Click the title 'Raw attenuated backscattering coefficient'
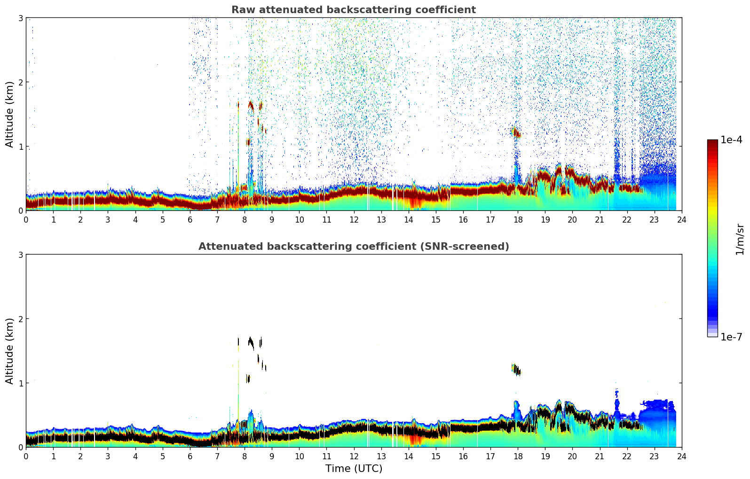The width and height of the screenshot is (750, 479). [x=353, y=10]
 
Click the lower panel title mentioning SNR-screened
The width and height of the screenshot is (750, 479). [x=353, y=247]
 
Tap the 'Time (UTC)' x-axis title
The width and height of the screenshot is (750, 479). [x=354, y=468]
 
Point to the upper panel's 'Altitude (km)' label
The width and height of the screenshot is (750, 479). [x=10, y=114]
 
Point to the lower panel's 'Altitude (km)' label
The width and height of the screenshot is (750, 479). [x=10, y=351]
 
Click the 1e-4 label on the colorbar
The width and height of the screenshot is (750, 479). [x=731, y=140]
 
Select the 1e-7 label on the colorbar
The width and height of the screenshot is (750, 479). [x=731, y=337]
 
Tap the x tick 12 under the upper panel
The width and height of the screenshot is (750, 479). [x=354, y=219]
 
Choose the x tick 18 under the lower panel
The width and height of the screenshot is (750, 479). [x=518, y=456]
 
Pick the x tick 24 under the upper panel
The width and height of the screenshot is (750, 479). [x=681, y=219]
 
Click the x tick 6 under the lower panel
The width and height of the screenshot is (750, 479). [x=190, y=456]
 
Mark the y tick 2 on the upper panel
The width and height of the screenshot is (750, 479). [x=20, y=82]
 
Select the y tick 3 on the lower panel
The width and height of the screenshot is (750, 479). [x=20, y=255]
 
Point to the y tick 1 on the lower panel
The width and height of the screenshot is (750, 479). [x=20, y=383]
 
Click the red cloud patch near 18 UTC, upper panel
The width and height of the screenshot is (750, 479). [x=516, y=132]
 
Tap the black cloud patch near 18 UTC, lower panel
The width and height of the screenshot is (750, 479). [x=517, y=371]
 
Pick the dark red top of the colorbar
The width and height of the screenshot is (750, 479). [x=712, y=142]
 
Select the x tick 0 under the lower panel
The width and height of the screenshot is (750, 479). [x=26, y=456]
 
